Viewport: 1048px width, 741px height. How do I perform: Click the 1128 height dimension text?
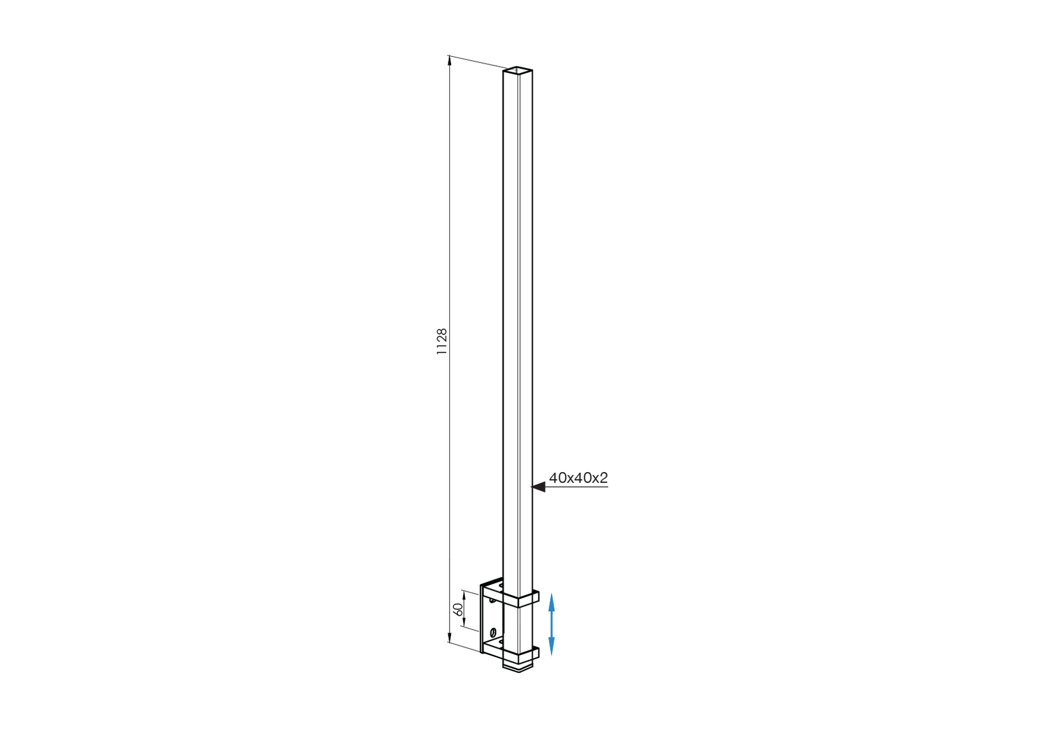442,342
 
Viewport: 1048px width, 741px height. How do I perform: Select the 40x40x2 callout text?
578,478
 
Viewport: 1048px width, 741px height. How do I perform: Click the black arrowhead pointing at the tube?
538,487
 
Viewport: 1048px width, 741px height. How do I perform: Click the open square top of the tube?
518,70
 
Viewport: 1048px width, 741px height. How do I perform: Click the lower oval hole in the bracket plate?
493,632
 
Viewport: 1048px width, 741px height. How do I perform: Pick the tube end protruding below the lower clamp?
518,667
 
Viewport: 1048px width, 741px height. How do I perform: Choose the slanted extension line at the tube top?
477,62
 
